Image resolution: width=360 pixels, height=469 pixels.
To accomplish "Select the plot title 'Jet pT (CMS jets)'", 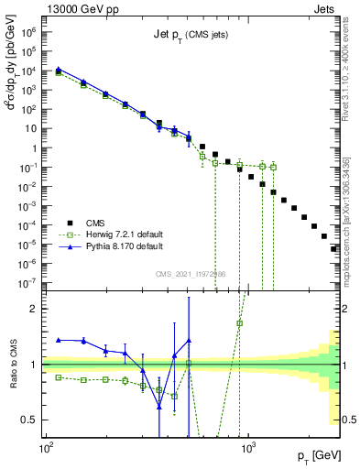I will (191, 36).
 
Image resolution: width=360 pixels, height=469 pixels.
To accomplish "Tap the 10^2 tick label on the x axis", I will (45, 449).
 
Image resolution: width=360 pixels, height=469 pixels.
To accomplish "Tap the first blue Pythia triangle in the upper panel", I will (59, 69).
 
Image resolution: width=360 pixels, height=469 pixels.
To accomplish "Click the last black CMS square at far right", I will (333, 248).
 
